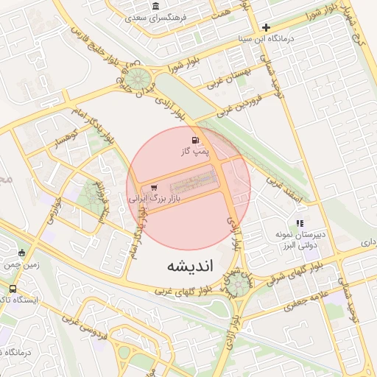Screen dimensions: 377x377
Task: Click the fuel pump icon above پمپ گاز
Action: pyautogui.click(x=194, y=140)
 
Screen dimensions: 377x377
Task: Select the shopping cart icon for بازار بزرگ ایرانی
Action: pyautogui.click(x=154, y=188)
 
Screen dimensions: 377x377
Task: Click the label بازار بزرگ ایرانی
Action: pyautogui.click(x=155, y=199)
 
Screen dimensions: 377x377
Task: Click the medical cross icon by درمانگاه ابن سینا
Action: pyautogui.click(x=266, y=27)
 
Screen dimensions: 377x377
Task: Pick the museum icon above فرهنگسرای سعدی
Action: pyautogui.click(x=155, y=7)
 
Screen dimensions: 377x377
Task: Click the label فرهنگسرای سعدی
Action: pyautogui.click(x=156, y=17)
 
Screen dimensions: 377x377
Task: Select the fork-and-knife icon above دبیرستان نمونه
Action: pyautogui.click(x=299, y=222)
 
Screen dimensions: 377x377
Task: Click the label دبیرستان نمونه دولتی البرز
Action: pyautogui.click(x=300, y=239)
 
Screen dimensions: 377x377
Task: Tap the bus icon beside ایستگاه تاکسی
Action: pyautogui.click(x=13, y=289)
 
